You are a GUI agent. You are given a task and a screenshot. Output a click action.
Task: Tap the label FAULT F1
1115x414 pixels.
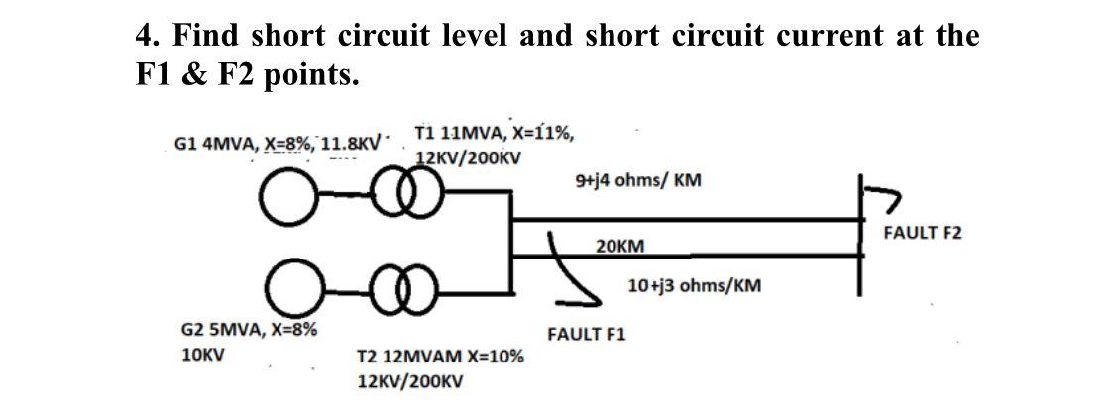(586, 335)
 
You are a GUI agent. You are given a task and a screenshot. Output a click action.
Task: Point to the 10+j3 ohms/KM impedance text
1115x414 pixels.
(695, 286)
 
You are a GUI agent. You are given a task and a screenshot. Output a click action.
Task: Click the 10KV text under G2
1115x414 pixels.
(201, 355)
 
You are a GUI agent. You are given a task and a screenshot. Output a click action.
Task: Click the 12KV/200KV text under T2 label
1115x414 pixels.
(409, 381)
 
